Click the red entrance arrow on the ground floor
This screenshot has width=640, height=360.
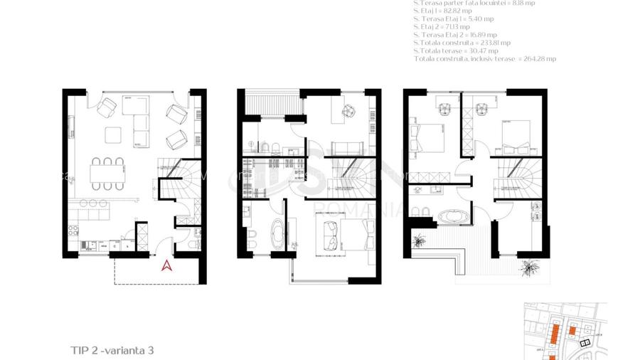pyautogui.click(x=167, y=266)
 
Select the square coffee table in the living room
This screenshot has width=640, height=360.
pyautogui.click(x=114, y=134)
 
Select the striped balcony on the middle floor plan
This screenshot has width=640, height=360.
pyautogui.click(x=270, y=103)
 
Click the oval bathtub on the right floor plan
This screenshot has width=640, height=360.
pyautogui.click(x=453, y=216)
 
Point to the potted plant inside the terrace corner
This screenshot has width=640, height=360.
pyautogui.click(x=422, y=239)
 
